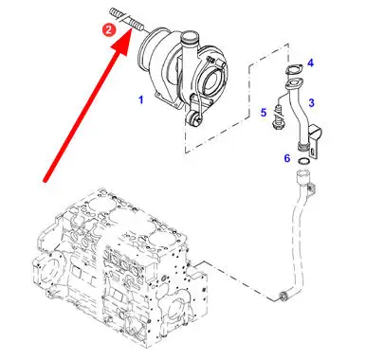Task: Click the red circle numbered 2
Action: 108,30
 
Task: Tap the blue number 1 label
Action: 141,100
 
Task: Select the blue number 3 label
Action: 311,102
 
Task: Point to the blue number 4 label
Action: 311,63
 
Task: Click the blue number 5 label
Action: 264,113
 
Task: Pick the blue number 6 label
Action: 287,158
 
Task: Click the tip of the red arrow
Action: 131,27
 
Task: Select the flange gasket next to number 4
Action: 294,70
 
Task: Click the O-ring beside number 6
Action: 303,161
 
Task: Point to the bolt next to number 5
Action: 279,117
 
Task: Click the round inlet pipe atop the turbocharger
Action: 190,40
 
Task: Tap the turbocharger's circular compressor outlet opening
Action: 213,81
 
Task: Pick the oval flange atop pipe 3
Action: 294,83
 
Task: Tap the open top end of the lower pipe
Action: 302,173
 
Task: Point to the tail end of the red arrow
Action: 46,181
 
